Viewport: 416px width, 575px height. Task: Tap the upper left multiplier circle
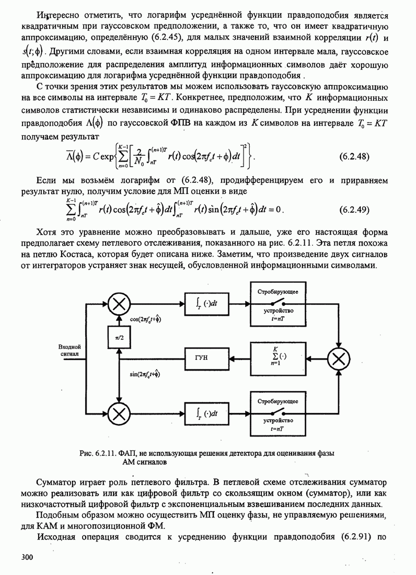tap(119, 302)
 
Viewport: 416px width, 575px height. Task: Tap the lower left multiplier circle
tap(119, 413)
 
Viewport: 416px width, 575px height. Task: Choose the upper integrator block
tap(207, 302)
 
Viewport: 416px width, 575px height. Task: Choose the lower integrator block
tap(207, 413)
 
